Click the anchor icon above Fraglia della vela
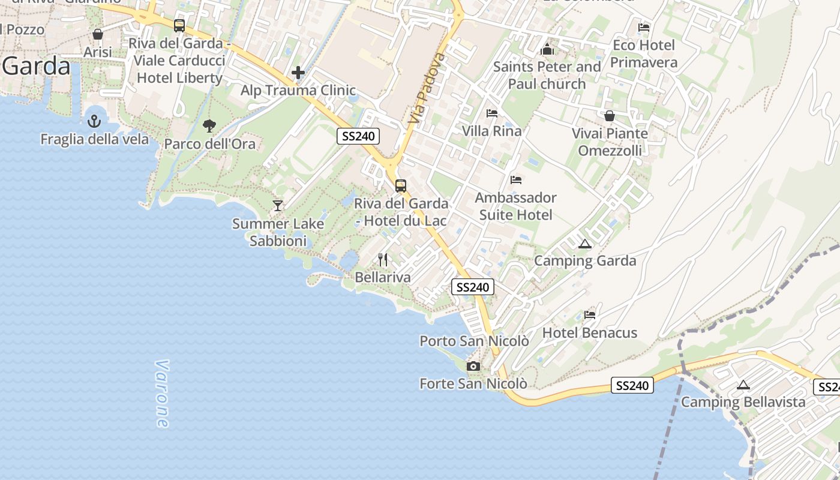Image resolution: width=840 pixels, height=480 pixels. click(94, 121)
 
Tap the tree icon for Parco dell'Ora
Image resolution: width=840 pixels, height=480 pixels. click(209, 125)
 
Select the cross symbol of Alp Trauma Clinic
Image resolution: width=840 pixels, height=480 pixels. click(298, 73)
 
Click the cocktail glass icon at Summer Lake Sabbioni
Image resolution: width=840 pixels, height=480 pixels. click(278, 206)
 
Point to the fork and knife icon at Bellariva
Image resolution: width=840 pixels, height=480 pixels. click(383, 260)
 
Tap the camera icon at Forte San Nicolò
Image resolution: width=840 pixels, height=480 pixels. click(473, 366)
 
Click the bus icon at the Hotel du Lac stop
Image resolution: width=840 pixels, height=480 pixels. click(401, 186)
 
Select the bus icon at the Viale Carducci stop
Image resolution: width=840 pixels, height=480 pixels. click(179, 26)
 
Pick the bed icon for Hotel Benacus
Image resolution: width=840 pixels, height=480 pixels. click(590, 315)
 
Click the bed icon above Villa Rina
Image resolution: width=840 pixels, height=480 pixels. click(492, 113)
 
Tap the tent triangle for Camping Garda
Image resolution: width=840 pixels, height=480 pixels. click(585, 244)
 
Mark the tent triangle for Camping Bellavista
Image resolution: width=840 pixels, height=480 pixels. click(743, 385)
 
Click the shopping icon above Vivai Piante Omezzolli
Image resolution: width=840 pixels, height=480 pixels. click(610, 116)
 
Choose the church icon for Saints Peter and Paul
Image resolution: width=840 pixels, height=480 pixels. click(547, 49)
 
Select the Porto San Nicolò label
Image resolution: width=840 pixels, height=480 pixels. click(474, 341)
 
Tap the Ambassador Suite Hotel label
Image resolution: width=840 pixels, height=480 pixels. click(516, 206)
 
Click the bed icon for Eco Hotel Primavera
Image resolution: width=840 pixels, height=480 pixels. click(644, 28)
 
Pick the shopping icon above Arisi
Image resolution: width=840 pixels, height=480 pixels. click(98, 34)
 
